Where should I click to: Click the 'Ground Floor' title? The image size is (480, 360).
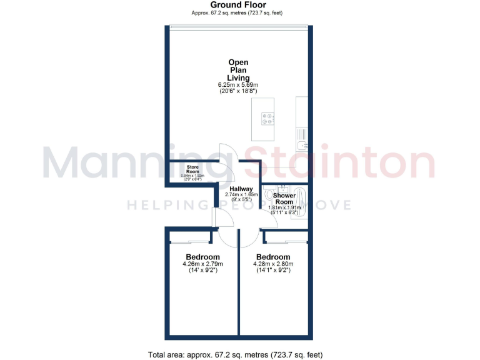click(x=237, y=5)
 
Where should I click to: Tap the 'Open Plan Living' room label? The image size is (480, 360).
click(x=237, y=70)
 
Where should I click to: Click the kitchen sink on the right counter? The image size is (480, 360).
click(x=302, y=147)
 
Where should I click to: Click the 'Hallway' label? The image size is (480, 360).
click(x=241, y=189)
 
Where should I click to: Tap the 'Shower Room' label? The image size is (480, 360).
click(x=284, y=199)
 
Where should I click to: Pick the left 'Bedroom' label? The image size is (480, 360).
click(x=202, y=257)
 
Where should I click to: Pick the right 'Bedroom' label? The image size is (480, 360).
click(x=273, y=257)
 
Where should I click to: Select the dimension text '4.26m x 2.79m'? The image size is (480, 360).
click(x=202, y=264)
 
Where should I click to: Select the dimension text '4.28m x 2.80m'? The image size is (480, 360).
click(x=273, y=264)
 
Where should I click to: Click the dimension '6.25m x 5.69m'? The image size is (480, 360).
click(x=237, y=84)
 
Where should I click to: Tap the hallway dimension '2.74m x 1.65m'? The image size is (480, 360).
click(x=241, y=196)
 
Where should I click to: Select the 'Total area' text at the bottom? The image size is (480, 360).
click(x=235, y=354)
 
